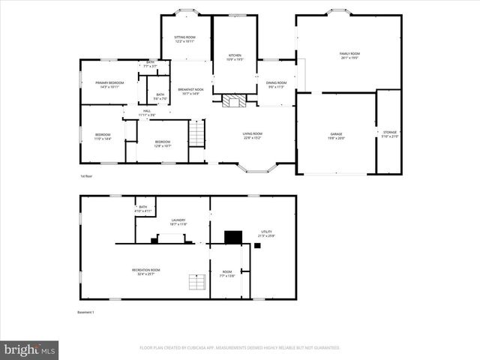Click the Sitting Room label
[x=185, y=39]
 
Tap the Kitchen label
[x=235, y=57]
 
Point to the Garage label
[x=335, y=136]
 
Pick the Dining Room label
[x=277, y=84]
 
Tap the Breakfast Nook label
[x=190, y=91]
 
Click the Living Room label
[x=252, y=136]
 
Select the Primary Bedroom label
[x=109, y=84]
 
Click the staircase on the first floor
[x=196, y=133]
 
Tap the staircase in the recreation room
[x=196, y=283]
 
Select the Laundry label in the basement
[x=178, y=221]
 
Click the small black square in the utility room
[x=257, y=245]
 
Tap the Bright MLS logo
[x=30, y=349]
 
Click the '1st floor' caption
[x=86, y=176]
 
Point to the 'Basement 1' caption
[x=85, y=312]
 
